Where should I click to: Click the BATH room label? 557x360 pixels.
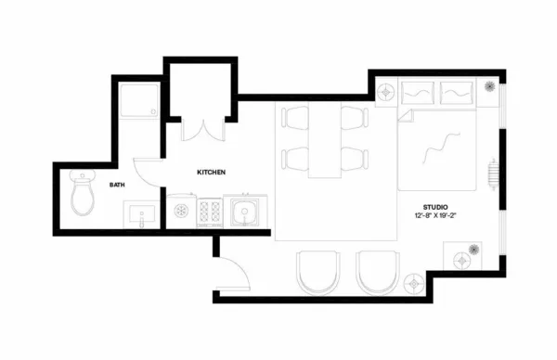point(117,185)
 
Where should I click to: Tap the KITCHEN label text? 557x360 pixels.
point(212,174)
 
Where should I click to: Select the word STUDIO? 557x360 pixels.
point(435,206)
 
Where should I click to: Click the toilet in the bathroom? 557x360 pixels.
point(83,194)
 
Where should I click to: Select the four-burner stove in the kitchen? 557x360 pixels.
point(210,212)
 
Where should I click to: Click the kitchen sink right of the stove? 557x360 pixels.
point(246,212)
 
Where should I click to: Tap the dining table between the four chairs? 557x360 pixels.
point(325,139)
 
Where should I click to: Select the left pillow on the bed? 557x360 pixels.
point(419,93)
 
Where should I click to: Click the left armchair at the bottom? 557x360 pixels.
point(317,272)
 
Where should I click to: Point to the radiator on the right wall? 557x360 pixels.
point(492,172)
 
